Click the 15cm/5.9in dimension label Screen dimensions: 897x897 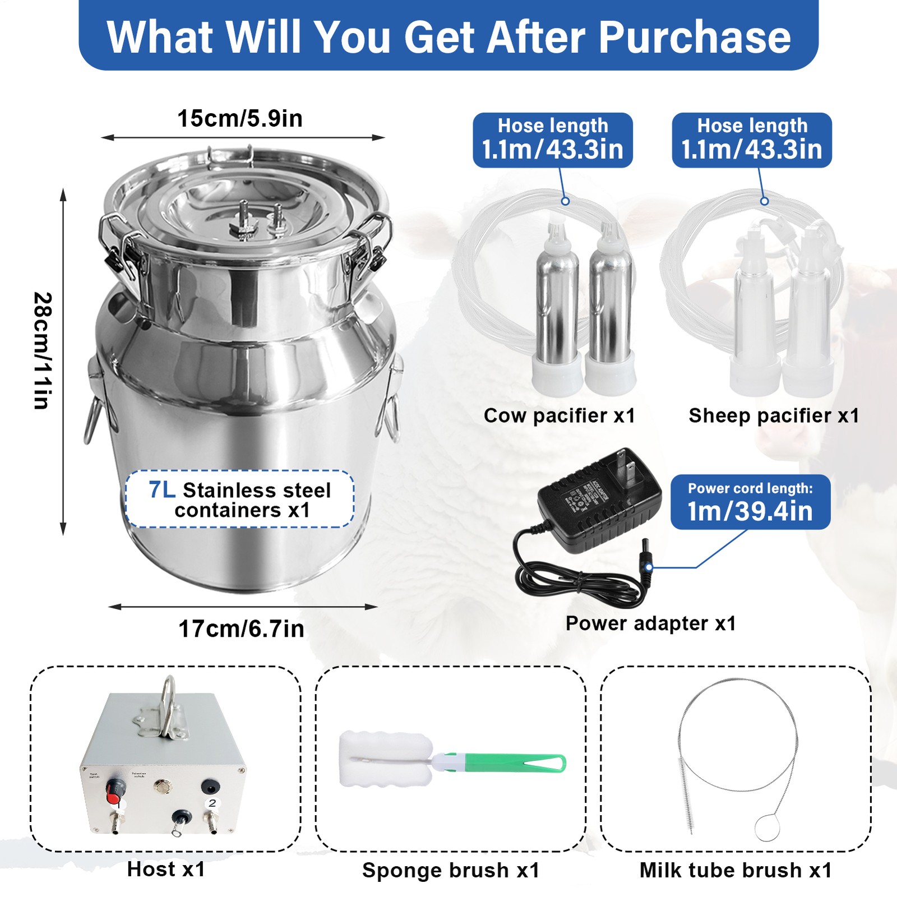pos(240,118)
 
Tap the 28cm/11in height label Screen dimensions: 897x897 pos(43,350)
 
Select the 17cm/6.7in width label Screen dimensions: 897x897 pos(241,629)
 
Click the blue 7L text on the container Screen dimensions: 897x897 pos(162,489)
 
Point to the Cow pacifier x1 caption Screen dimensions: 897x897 pos(559,415)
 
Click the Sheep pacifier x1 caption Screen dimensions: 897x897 pos(774,415)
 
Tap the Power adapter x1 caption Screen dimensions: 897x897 pos(650,623)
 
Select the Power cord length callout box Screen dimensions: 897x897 pos(750,502)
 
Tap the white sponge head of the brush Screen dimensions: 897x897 pos(386,759)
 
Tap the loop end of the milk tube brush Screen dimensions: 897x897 pos(767,827)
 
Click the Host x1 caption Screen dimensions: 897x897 pos(166,870)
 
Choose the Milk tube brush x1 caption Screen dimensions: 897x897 pos(736,870)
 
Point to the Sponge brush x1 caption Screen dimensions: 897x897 pos(451,870)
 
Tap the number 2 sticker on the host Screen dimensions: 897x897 pos(212,803)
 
